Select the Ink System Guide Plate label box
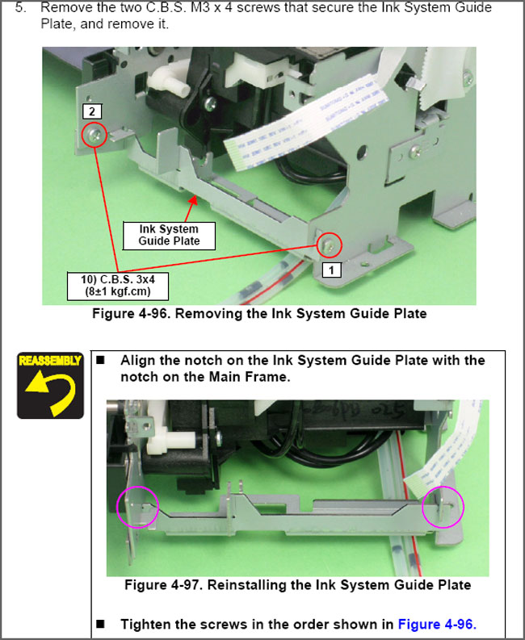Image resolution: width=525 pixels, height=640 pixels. pyautogui.click(x=169, y=236)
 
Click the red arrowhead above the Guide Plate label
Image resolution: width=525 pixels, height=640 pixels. pyautogui.click(x=191, y=199)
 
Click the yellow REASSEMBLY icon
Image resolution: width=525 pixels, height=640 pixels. pyautogui.click(x=51, y=384)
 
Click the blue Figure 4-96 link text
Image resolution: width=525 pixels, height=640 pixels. pyautogui.click(x=437, y=624)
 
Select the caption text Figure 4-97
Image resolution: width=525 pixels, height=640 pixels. pyautogui.click(x=297, y=585)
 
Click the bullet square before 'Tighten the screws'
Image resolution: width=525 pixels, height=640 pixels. pyautogui.click(x=103, y=624)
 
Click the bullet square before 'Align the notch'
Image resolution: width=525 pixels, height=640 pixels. pyautogui.click(x=103, y=360)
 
